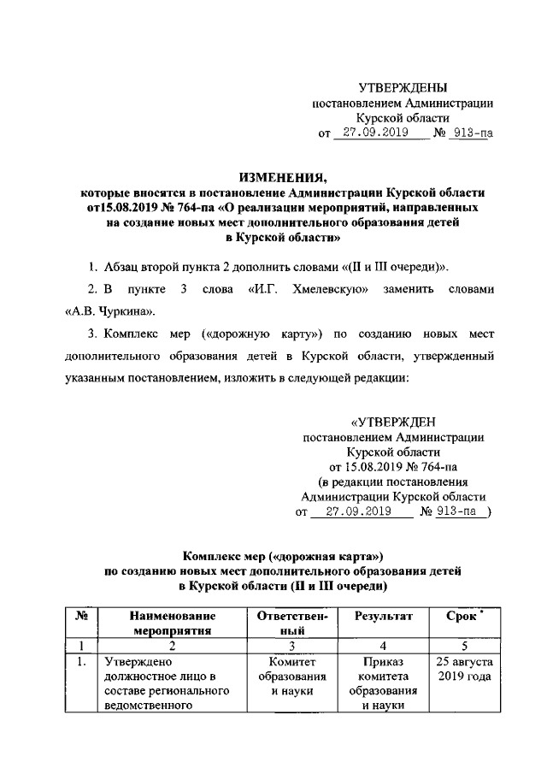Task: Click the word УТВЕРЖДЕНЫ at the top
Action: pos(402,88)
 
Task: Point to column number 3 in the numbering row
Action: pos(291,647)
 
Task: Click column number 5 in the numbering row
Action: pos(463,647)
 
